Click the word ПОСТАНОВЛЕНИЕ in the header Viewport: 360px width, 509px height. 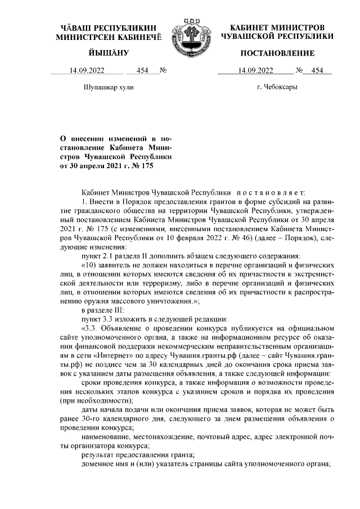pos(277,53)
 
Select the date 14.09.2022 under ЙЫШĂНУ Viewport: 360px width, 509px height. pos(87,71)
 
